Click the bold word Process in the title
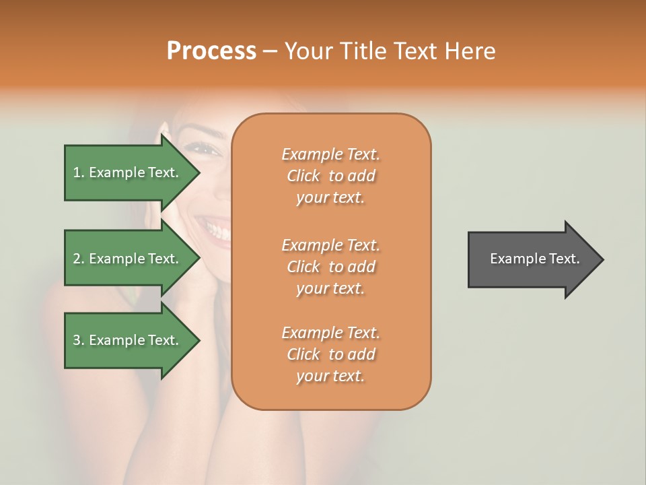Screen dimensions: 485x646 point(211,51)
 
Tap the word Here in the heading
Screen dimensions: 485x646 point(470,51)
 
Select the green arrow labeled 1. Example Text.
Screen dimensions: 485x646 point(128,172)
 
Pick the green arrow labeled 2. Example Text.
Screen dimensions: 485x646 point(128,259)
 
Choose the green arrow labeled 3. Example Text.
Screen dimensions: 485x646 point(128,340)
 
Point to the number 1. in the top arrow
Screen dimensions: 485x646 point(79,172)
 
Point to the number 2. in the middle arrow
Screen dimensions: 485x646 point(79,259)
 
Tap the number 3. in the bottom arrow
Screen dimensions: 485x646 point(79,340)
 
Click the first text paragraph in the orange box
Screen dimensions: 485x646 point(330,176)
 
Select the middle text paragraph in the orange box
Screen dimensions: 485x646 point(330,266)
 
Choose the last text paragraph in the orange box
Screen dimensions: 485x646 point(330,354)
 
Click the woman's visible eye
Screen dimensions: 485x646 point(206,149)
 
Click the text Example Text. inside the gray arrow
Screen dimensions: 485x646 point(534,259)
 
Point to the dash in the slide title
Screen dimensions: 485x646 point(271,51)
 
